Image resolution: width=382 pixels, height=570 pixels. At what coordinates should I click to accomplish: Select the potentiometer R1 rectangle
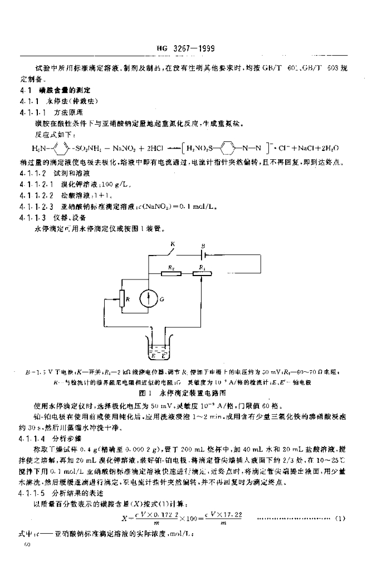coord(202,273)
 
